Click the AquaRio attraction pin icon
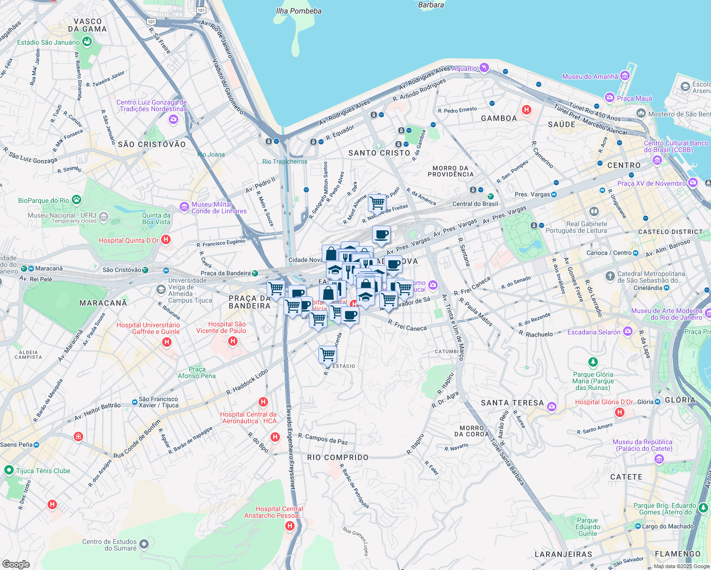pyautogui.click(x=484, y=68)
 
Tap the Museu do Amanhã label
pyautogui.click(x=590, y=76)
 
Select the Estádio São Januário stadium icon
pyautogui.click(x=87, y=42)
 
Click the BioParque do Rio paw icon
pyautogui.click(x=77, y=200)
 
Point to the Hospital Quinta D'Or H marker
pyautogui.click(x=166, y=239)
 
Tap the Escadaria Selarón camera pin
pyautogui.click(x=628, y=331)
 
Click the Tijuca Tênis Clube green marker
pyautogui.click(x=9, y=470)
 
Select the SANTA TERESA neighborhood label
pyautogui.click(x=512, y=403)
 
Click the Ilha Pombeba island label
pyautogui.click(x=298, y=11)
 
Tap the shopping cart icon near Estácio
pyautogui.click(x=327, y=354)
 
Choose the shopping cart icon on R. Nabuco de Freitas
pyautogui.click(x=377, y=203)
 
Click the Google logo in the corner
pyautogui.click(x=16, y=564)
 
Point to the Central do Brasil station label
pyautogui.click(x=475, y=204)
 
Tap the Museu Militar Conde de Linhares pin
pyautogui.click(x=184, y=207)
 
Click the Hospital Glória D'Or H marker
pyautogui.click(x=619, y=412)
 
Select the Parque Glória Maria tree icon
pyautogui.click(x=593, y=363)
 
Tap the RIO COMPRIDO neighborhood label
pyautogui.click(x=337, y=457)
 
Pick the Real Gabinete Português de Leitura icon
pyautogui.click(x=594, y=211)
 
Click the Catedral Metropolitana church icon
pyautogui.click(x=610, y=276)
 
